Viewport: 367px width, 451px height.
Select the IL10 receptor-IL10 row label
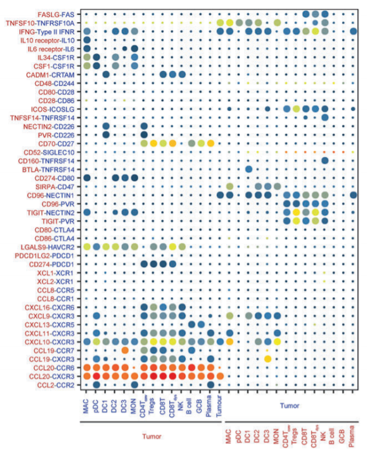50,40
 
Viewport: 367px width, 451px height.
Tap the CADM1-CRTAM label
53,75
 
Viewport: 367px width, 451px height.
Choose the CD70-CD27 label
59,144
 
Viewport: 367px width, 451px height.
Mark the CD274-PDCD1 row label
54,264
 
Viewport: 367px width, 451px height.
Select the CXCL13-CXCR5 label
53,324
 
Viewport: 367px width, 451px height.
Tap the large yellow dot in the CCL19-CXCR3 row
268,359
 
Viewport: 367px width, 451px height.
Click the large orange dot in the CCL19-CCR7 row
124,350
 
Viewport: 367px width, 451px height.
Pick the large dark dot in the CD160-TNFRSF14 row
325,160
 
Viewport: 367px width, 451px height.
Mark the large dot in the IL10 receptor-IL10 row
87,40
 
